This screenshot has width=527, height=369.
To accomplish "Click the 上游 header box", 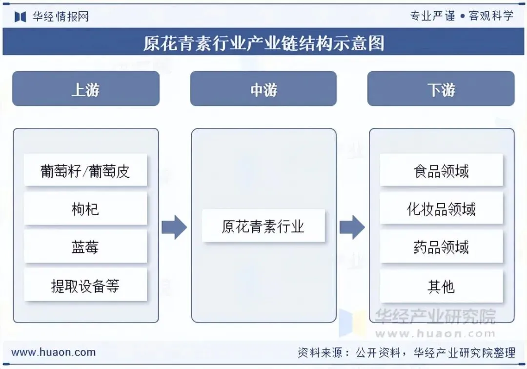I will [86, 89].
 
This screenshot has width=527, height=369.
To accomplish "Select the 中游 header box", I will [263, 89].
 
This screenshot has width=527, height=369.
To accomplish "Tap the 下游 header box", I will [441, 89].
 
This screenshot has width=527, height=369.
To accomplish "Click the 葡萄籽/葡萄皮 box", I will [85, 170].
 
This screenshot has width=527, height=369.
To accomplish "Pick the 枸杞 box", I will [85, 208].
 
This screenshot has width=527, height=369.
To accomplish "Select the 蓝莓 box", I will [85, 246].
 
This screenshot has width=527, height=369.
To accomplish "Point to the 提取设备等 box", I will [85, 285].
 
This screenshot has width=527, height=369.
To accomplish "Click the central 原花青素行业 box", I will [263, 226].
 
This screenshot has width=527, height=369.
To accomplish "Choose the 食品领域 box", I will [441, 170].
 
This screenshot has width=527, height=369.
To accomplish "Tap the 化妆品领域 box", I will [441, 208].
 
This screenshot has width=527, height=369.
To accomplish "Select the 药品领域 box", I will [441, 246].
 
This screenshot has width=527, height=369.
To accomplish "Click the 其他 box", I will [441, 286].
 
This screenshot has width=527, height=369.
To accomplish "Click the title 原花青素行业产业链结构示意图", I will [263, 43].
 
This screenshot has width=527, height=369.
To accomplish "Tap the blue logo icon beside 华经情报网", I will [20, 17].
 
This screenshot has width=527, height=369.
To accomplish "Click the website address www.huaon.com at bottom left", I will [53, 352].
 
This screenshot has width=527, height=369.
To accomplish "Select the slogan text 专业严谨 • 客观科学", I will [462, 16].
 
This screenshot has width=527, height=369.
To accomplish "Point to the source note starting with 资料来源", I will [406, 352].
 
